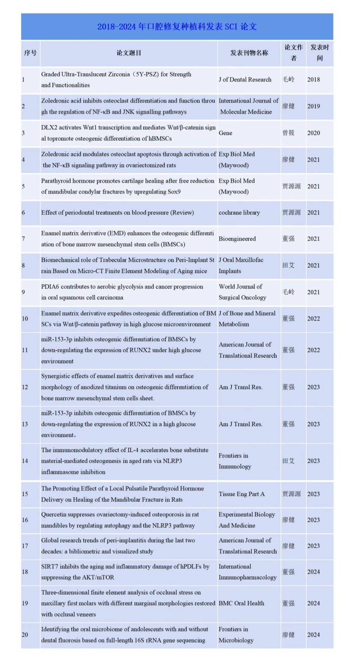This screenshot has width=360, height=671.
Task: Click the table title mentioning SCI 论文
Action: (x=177, y=27)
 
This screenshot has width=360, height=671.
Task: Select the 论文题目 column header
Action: (x=129, y=53)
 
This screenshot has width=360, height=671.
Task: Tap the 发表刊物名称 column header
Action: (x=249, y=53)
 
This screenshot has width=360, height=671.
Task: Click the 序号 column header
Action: (x=30, y=53)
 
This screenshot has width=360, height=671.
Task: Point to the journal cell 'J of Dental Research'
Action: (x=245, y=80)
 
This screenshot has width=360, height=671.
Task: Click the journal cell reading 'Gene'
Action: (x=225, y=133)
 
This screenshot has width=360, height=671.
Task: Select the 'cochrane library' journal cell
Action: (x=239, y=213)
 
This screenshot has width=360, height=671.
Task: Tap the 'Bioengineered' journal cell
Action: (x=237, y=239)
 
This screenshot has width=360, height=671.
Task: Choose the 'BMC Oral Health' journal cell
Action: (x=241, y=603)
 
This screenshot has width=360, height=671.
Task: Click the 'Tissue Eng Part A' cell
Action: (x=242, y=494)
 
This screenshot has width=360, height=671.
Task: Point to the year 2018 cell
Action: (x=313, y=80)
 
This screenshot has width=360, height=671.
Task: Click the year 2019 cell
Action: (x=313, y=106)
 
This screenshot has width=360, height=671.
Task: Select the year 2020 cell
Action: (x=313, y=133)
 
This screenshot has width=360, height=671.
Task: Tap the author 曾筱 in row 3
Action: (x=288, y=133)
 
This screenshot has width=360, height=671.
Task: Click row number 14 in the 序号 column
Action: (x=25, y=461)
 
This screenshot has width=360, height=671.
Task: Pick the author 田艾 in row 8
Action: (x=288, y=266)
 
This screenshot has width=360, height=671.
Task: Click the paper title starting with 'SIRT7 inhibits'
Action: (x=125, y=572)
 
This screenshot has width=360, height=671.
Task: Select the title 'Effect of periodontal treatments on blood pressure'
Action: (x=117, y=213)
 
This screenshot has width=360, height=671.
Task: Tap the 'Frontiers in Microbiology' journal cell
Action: (x=236, y=635)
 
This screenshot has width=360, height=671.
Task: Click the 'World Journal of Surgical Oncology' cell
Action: (x=242, y=292)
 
